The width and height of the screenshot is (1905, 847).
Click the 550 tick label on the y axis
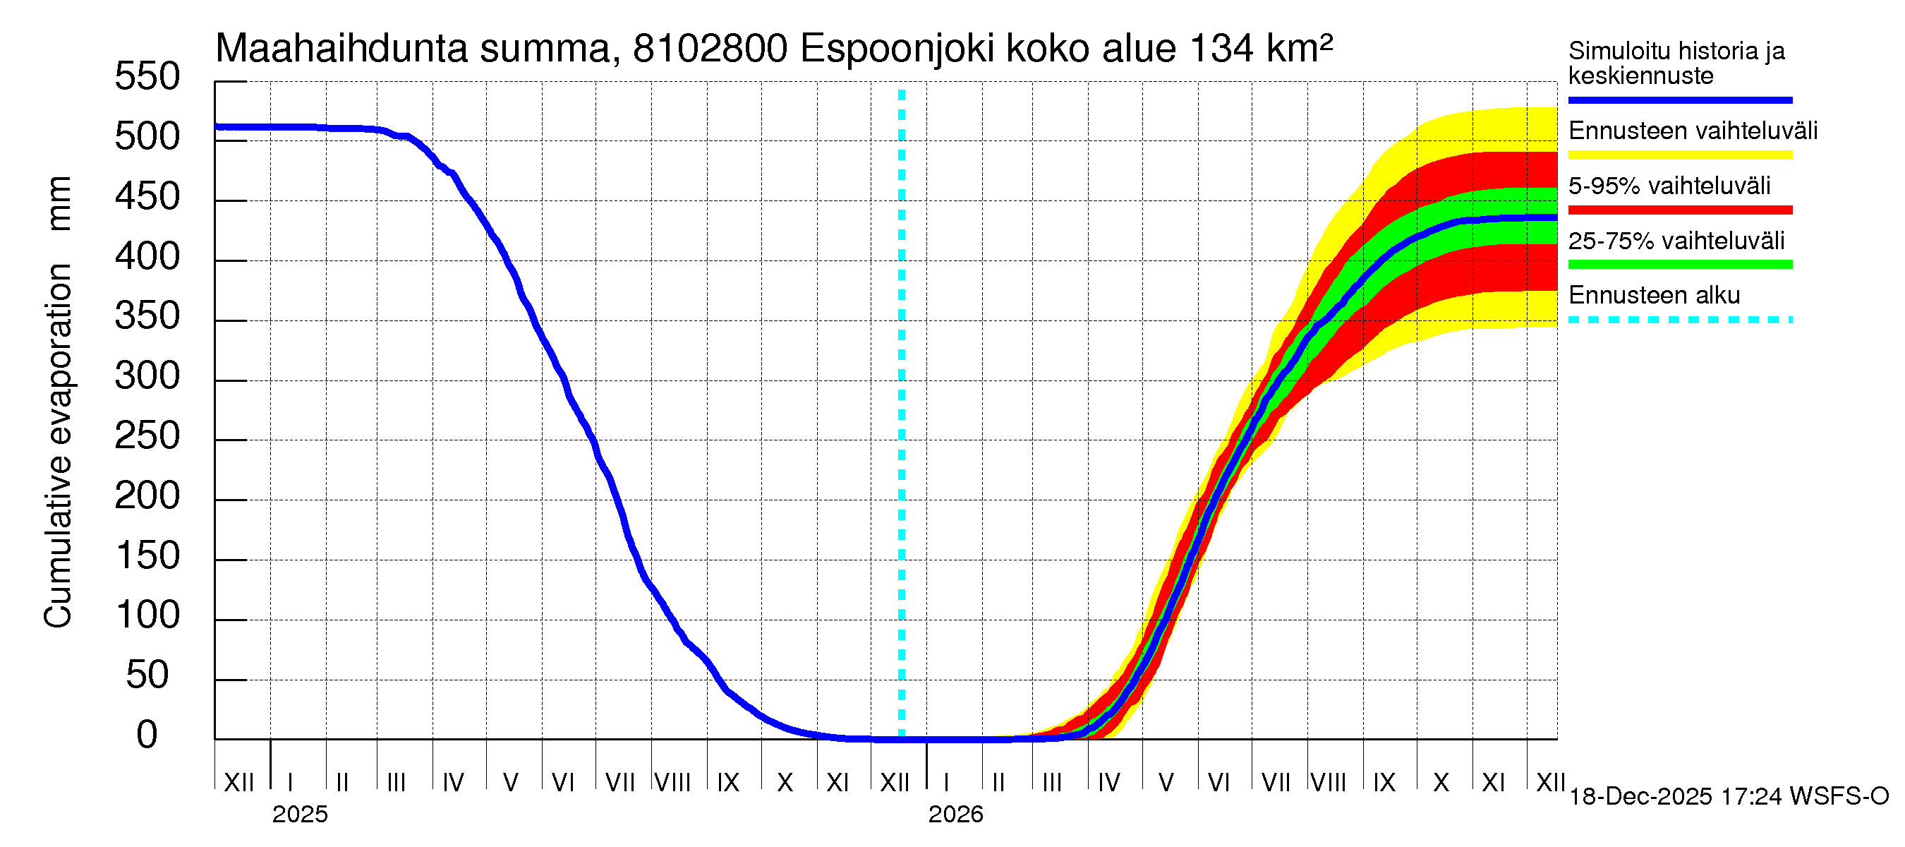[x=147, y=77]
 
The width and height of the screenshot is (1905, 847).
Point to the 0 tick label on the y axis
[x=147, y=735]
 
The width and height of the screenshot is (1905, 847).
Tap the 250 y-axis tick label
[x=147, y=435]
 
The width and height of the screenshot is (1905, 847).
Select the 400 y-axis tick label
[x=147, y=257]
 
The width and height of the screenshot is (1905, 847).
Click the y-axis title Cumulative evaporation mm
[x=58, y=402]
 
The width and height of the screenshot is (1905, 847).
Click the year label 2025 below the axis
[x=299, y=815]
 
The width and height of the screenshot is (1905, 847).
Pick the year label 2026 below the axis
[x=955, y=815]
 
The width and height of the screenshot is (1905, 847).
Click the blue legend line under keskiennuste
[x=1679, y=100]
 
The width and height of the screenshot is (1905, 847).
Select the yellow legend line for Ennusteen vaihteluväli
[x=1679, y=155]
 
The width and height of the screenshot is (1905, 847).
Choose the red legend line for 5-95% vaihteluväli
[x=1679, y=210]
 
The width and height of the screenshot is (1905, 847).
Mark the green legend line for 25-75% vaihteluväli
[x=1679, y=265]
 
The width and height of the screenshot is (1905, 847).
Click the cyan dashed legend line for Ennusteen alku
[x=1679, y=320]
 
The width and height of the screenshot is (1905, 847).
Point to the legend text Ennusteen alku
[x=1655, y=295]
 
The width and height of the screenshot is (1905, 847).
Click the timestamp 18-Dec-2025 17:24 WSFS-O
[x=1728, y=797]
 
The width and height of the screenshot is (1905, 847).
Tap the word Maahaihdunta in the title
[x=341, y=49]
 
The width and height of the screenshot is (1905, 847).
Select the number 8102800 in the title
[x=710, y=49]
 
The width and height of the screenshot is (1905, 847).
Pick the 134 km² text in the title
[x=1261, y=49]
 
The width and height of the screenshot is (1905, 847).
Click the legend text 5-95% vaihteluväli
[x=1669, y=186]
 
